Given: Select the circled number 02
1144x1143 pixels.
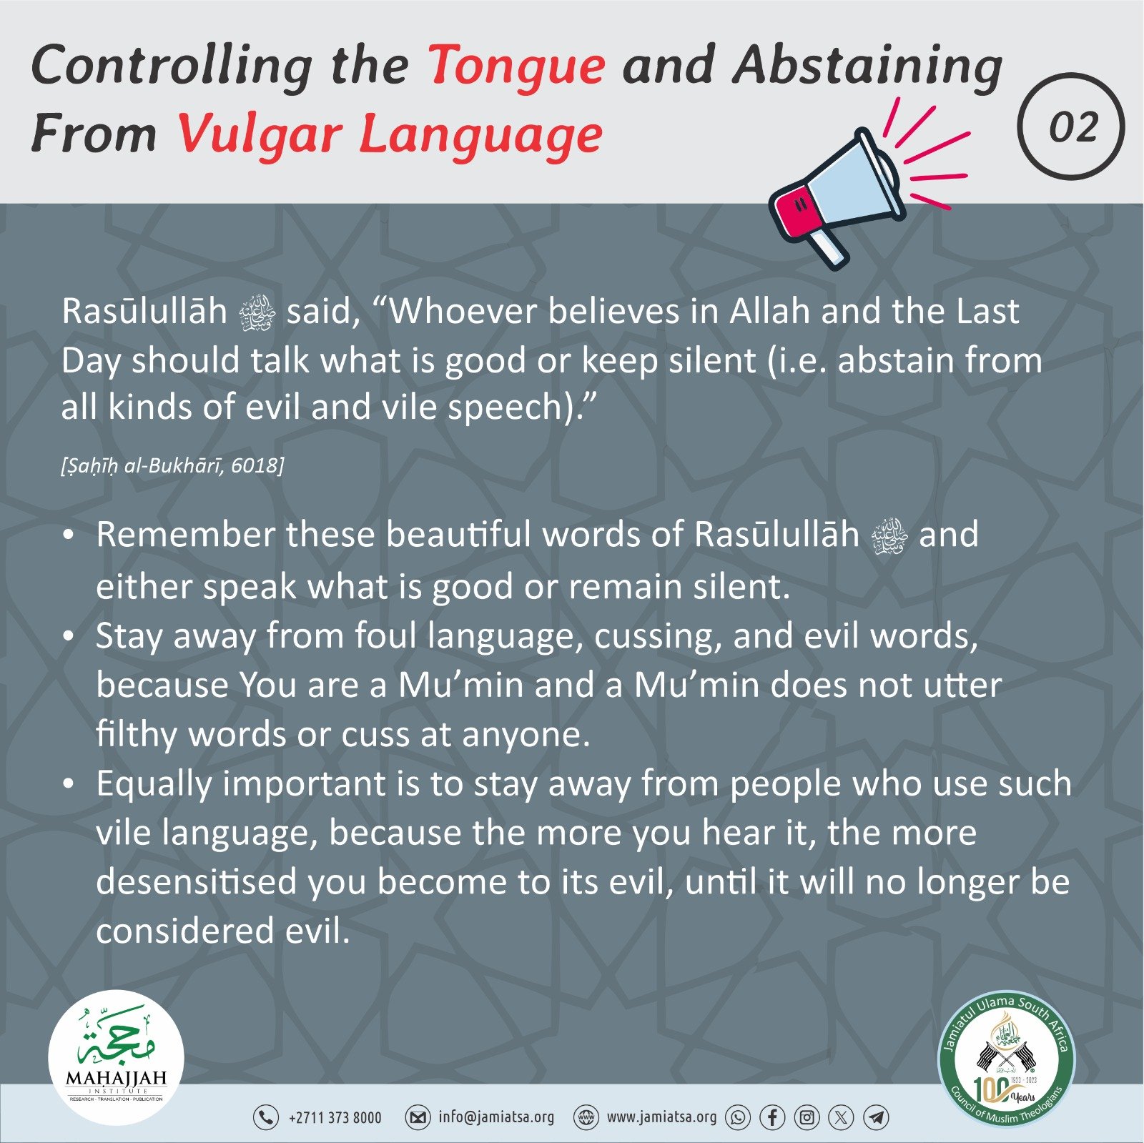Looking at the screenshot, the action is tap(1070, 127).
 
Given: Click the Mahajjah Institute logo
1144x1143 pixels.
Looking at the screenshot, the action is tap(116, 1057).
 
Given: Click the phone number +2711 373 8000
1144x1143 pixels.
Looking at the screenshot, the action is tap(335, 1118).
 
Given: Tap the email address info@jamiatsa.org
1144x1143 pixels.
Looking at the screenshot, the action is tap(496, 1117).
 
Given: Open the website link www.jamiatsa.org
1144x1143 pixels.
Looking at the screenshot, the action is tap(661, 1117).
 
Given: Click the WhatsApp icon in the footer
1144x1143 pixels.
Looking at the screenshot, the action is tap(738, 1118).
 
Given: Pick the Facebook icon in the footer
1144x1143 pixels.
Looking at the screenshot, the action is tap(772, 1118).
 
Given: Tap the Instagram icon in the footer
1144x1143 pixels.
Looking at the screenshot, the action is tap(807, 1118).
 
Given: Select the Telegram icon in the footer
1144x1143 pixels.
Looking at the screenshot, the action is tap(876, 1118).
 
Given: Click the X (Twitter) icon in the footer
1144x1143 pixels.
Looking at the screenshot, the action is tap(841, 1118).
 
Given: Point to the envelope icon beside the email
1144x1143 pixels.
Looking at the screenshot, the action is tap(418, 1118).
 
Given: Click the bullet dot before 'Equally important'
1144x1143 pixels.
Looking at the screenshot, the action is tap(69, 785).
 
